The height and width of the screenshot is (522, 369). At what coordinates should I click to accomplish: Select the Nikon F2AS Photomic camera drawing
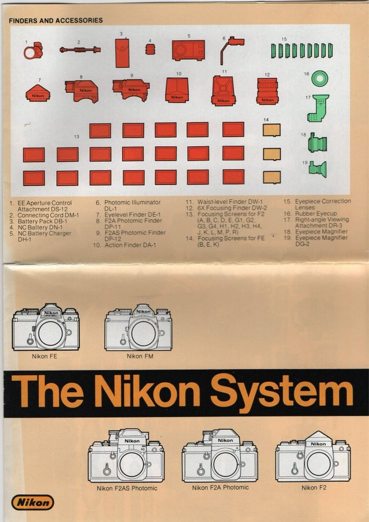pyautogui.click(x=126, y=455)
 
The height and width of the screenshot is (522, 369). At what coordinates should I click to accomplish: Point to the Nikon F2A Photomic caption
pyautogui.click(x=220, y=487)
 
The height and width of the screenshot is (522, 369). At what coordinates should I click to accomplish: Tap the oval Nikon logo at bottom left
pyautogui.click(x=32, y=502)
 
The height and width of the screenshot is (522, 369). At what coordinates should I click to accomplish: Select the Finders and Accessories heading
pyautogui.click(x=56, y=20)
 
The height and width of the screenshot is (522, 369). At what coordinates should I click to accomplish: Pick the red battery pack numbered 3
pyautogui.click(x=122, y=53)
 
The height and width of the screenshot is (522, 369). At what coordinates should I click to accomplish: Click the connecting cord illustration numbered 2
pyautogui.click(x=80, y=50)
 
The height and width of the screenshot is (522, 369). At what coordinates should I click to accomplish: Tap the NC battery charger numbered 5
pyautogui.click(x=188, y=50)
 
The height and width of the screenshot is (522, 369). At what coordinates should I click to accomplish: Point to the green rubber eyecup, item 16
pyautogui.click(x=320, y=78)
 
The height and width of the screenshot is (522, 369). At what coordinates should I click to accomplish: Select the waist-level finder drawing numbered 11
pyautogui.click(x=224, y=91)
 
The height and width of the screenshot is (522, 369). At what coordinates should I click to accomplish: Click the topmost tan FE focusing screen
pyautogui.click(x=272, y=130)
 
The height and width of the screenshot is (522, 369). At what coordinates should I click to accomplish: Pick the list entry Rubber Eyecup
pyautogui.click(x=316, y=213)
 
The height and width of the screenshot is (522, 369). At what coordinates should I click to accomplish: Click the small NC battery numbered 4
pyautogui.click(x=150, y=50)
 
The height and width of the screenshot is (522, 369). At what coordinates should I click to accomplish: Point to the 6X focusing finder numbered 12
pyautogui.click(x=267, y=91)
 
